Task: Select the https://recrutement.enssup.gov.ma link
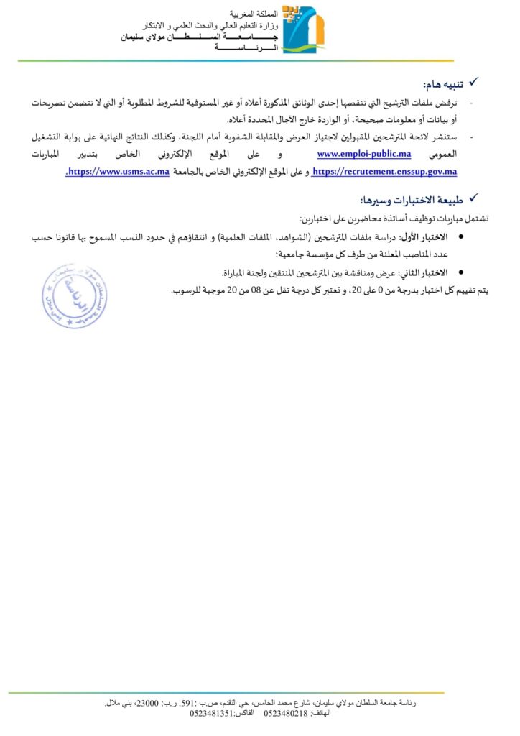[386, 172]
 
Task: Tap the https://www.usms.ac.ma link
[119, 172]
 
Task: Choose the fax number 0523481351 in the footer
[213, 712]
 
